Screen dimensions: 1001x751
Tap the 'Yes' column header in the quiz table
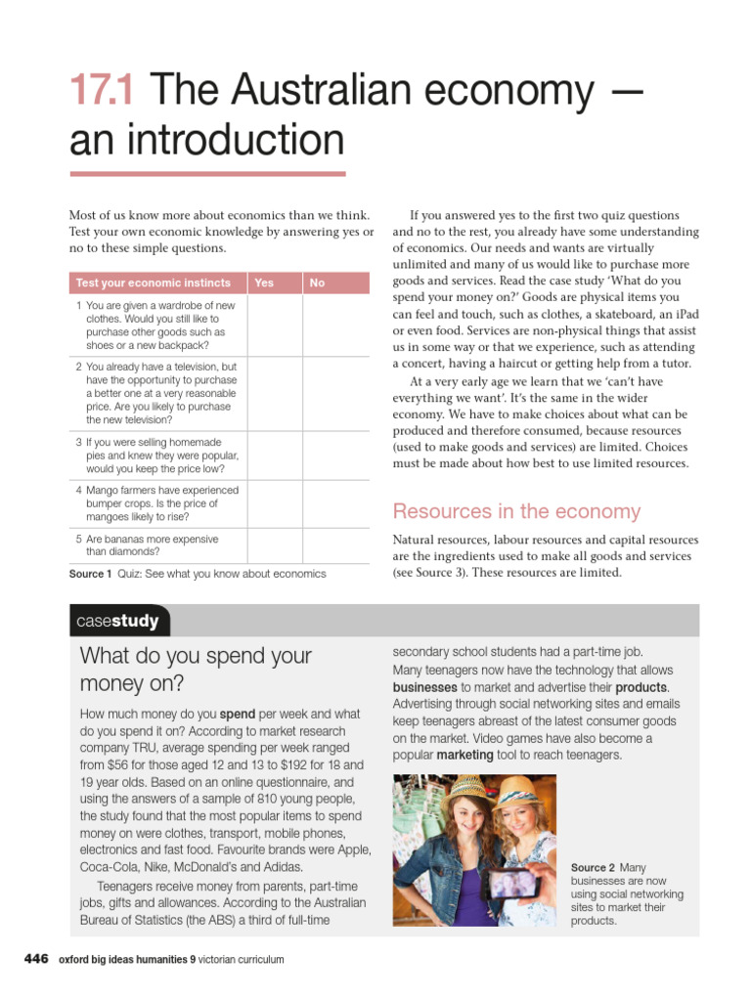pos(264,283)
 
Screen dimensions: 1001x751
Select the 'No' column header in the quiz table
pos(317,283)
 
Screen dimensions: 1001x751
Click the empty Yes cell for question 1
pos(274,326)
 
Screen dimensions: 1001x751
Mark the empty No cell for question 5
pos(335,544)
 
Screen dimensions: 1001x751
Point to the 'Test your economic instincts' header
pos(154,283)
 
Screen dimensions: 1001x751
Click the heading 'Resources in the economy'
pos(516,511)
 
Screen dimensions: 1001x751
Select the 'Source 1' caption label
pos(91,574)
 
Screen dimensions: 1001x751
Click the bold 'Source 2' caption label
pos(593,868)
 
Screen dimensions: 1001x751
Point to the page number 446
pos(36,959)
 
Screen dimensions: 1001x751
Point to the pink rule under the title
pos(207,174)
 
